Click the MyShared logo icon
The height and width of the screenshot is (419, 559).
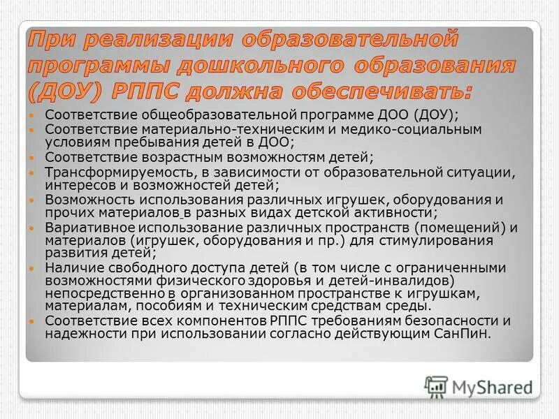pyautogui.click(x=436, y=386)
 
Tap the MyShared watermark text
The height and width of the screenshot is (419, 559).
pyautogui.click(x=493, y=386)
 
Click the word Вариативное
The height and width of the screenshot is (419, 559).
pyautogui.click(x=87, y=228)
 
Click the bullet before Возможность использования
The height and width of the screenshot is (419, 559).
pyautogui.click(x=31, y=200)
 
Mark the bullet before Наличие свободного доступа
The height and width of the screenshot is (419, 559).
pyautogui.click(x=31, y=267)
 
